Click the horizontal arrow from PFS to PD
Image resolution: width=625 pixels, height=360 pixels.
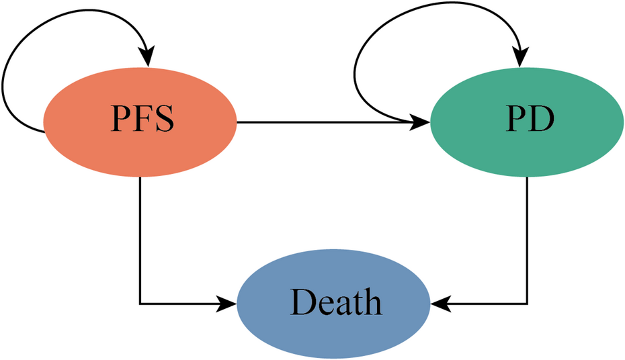(x=323, y=123)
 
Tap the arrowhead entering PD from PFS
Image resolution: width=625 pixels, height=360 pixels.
(x=422, y=123)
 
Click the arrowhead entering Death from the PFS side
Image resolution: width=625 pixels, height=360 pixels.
(x=228, y=305)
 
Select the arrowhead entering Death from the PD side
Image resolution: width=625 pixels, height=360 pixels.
(x=440, y=305)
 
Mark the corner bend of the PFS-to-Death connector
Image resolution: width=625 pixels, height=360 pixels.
(x=140, y=305)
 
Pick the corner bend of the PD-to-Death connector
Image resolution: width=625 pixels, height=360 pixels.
(x=526, y=305)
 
